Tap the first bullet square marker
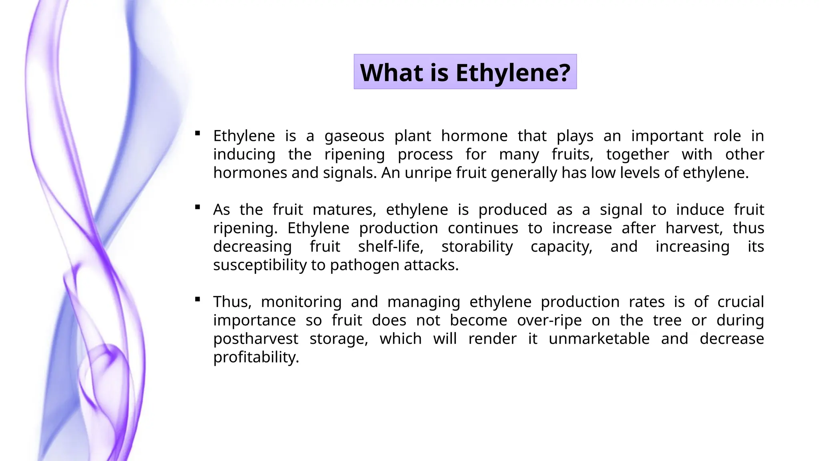tap(198, 133)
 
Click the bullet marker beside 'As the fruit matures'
tap(198, 207)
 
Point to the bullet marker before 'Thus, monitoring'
tap(198, 299)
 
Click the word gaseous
tap(354, 136)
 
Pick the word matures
tap(344, 210)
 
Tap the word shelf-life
tap(391, 247)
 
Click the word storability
tap(477, 247)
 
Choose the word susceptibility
tap(260, 265)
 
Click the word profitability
tap(256, 357)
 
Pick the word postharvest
tap(256, 339)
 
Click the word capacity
tap(561, 247)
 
